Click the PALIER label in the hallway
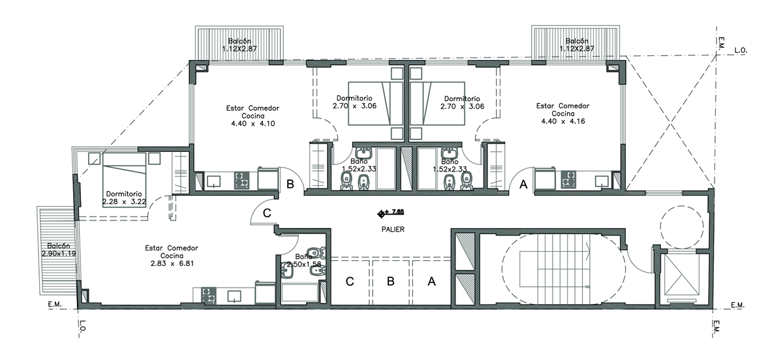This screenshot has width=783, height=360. [x=393, y=230]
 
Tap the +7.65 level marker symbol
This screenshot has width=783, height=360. [x=381, y=214]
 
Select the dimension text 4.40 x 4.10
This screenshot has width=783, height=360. [x=253, y=124]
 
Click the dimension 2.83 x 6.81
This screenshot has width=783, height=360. [x=172, y=264]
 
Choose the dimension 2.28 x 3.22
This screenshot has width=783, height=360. [x=124, y=202]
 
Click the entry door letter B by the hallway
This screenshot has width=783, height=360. [x=290, y=184]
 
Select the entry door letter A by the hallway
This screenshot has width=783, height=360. [x=523, y=184]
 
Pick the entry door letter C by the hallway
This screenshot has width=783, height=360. [x=267, y=213]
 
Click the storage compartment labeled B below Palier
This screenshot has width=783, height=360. [x=390, y=281]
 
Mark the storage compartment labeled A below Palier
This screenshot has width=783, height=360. [x=431, y=281]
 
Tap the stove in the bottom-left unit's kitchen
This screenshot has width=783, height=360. [x=208, y=295]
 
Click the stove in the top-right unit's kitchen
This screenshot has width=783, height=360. [x=568, y=179]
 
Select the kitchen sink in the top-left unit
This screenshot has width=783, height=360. [x=213, y=182]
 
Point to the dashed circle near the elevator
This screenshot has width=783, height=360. [x=682, y=227]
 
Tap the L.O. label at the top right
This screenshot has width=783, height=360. [x=741, y=51]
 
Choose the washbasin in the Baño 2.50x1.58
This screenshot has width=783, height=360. [x=287, y=270]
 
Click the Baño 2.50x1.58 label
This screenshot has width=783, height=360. [x=304, y=261]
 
